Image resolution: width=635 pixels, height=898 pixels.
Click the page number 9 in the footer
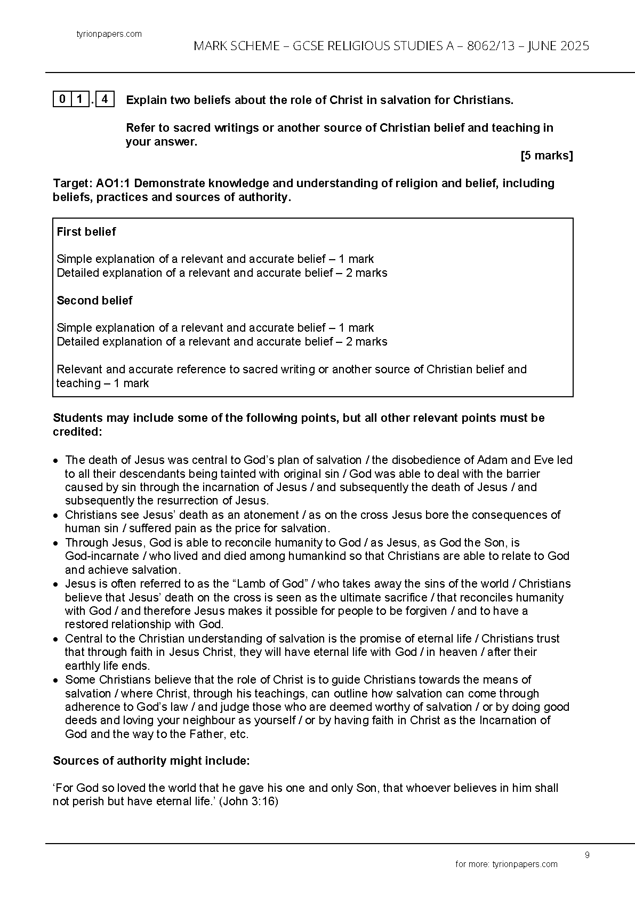coord(587,855)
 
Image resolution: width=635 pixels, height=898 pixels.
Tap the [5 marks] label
coord(546,156)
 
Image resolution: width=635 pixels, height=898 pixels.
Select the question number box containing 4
coord(106,99)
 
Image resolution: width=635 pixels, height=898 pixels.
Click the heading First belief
coord(86,231)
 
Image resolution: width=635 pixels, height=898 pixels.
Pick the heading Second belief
coord(94,300)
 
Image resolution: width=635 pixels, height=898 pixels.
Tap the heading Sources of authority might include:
coord(151,761)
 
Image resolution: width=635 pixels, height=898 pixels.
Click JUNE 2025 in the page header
coord(558,46)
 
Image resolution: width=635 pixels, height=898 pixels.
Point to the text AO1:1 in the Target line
coord(114,183)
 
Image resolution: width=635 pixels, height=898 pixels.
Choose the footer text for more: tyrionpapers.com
coord(506,864)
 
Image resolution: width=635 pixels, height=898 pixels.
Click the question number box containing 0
coord(62,99)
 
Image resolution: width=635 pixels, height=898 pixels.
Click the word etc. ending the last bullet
coord(239,734)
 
